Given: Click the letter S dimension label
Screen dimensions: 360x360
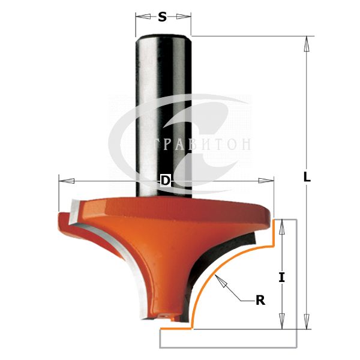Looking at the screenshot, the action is [x=163, y=17].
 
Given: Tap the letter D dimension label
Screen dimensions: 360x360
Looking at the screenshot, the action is [x=166, y=181].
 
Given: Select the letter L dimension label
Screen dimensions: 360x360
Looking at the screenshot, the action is [x=307, y=177].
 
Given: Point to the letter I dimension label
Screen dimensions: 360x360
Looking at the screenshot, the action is [x=282, y=277].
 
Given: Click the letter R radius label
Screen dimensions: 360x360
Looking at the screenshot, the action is [x=260, y=300].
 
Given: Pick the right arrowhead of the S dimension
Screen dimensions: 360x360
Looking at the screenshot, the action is [x=184, y=17].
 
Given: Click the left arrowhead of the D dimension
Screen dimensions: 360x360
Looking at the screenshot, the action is [x=67, y=181].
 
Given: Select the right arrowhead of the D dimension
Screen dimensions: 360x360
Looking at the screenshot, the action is [x=266, y=181].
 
